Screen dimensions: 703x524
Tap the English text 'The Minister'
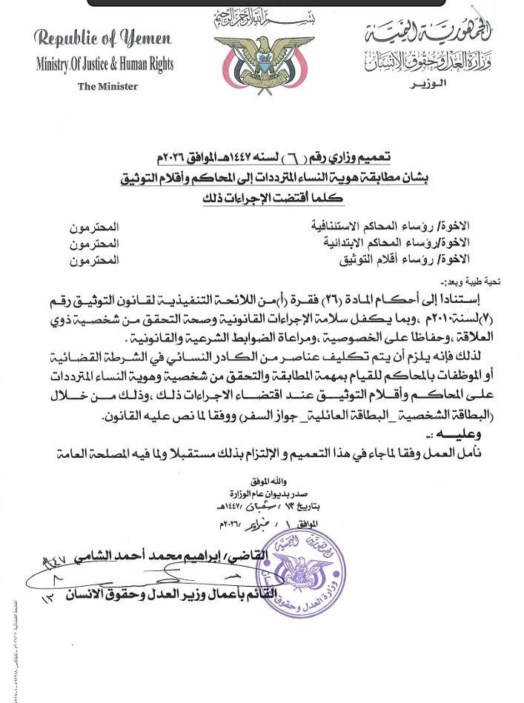tap(108, 86)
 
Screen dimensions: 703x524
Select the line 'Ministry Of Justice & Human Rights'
tap(105, 64)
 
